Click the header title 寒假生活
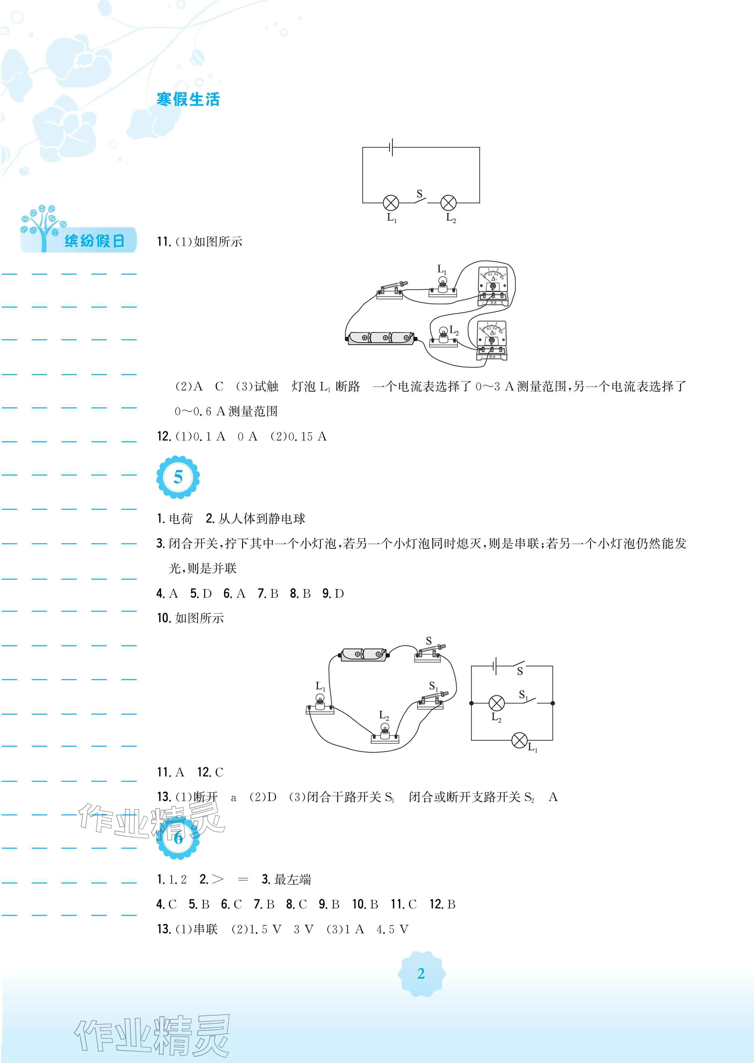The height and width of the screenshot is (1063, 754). click(x=188, y=99)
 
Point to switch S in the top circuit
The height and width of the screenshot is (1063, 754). click(x=420, y=199)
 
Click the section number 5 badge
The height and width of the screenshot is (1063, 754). click(x=178, y=477)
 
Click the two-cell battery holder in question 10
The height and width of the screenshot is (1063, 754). click(x=364, y=654)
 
